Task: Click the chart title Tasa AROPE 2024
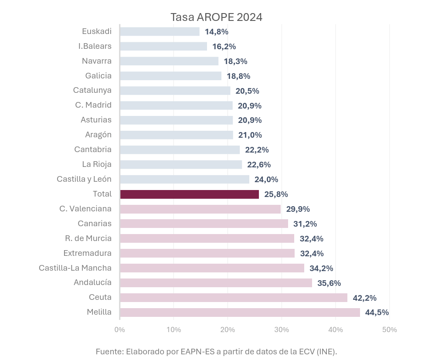[x=216, y=17]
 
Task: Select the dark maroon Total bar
[x=189, y=194]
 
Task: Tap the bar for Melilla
[x=240, y=312]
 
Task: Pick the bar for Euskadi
[x=160, y=31]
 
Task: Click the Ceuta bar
[x=233, y=298]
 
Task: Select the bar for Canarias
[x=204, y=224]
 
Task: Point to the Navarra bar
[x=169, y=61]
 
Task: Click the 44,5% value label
[x=377, y=312]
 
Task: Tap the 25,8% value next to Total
[x=276, y=194]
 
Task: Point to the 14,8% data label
[x=217, y=31]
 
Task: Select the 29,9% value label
[x=298, y=209]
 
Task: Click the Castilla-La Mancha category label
[x=75, y=268]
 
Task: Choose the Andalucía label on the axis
[x=92, y=282]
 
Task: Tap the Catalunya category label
[x=92, y=90]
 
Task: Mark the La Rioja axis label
[x=97, y=164]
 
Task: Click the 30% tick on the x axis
[x=282, y=329]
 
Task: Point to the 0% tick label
[x=119, y=329]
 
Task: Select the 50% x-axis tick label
[x=390, y=329]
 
